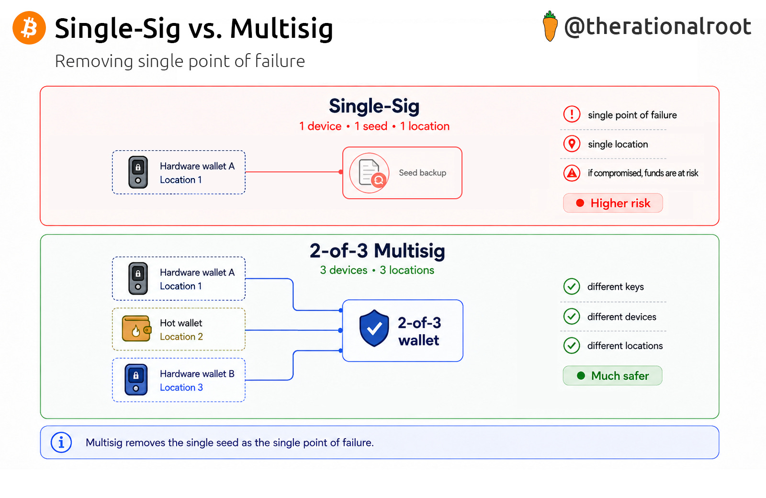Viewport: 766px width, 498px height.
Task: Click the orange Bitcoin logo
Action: [29, 28]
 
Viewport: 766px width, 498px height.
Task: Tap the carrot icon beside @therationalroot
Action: [550, 26]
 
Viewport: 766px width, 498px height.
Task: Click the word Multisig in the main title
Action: [282, 28]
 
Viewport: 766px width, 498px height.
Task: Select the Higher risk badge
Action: [613, 203]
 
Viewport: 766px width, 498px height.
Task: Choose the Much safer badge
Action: [612, 375]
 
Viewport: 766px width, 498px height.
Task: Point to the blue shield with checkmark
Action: [374, 328]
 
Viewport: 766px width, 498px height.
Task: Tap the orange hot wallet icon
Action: [136, 328]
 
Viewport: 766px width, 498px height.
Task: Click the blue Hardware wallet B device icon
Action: [136, 380]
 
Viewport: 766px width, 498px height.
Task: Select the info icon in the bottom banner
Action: [61, 442]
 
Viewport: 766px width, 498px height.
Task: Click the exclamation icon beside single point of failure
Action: [572, 114]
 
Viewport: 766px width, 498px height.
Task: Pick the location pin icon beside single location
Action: [572, 144]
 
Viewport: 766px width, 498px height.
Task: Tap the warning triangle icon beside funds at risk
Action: [572, 173]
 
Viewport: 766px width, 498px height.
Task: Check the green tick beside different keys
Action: [572, 286]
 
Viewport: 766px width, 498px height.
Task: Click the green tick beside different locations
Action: [572, 345]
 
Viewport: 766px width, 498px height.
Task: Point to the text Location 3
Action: [181, 387]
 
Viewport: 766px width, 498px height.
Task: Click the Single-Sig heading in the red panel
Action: [374, 106]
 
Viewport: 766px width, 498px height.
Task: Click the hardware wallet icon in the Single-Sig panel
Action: [138, 172]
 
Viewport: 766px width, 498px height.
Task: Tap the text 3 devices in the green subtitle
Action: [344, 270]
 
